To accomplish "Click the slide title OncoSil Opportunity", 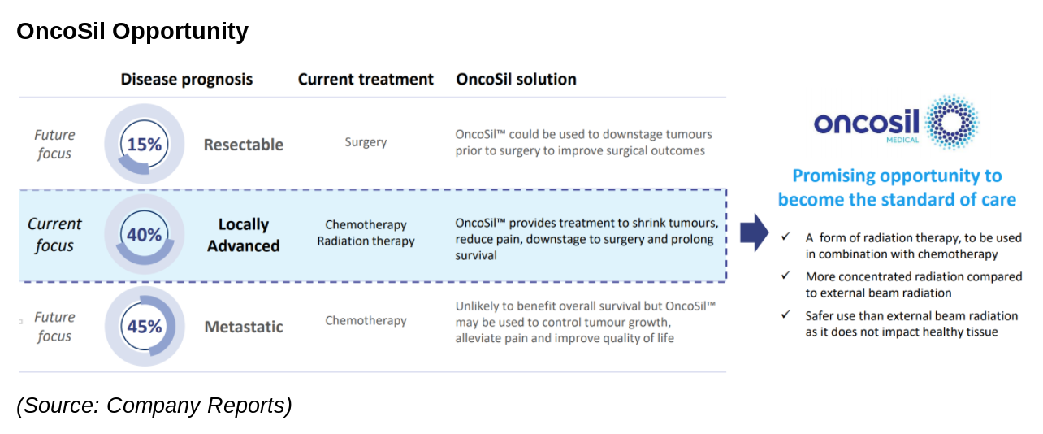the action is click(132, 32).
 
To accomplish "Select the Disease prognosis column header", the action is click(187, 79).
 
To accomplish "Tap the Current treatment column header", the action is click(366, 79).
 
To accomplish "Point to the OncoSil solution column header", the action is click(516, 79).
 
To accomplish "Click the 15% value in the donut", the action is click(145, 145).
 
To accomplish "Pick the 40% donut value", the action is click(145, 234).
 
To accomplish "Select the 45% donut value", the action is click(145, 327).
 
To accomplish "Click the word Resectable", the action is click(244, 145).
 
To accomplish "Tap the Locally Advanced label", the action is click(244, 235).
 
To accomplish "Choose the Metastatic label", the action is click(244, 327).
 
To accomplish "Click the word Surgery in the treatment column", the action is click(366, 142).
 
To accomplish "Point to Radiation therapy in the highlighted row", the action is click(366, 241).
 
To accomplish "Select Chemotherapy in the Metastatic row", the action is click(366, 320).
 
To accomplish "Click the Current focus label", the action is click(54, 234).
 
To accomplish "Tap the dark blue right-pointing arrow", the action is click(755, 232).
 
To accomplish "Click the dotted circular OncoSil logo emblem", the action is click(952, 123).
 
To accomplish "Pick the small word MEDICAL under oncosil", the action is click(902, 140).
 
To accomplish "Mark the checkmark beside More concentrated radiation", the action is click(786, 276).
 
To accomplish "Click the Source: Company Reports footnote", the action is click(154, 405).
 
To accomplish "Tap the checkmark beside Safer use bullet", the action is click(786, 315).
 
